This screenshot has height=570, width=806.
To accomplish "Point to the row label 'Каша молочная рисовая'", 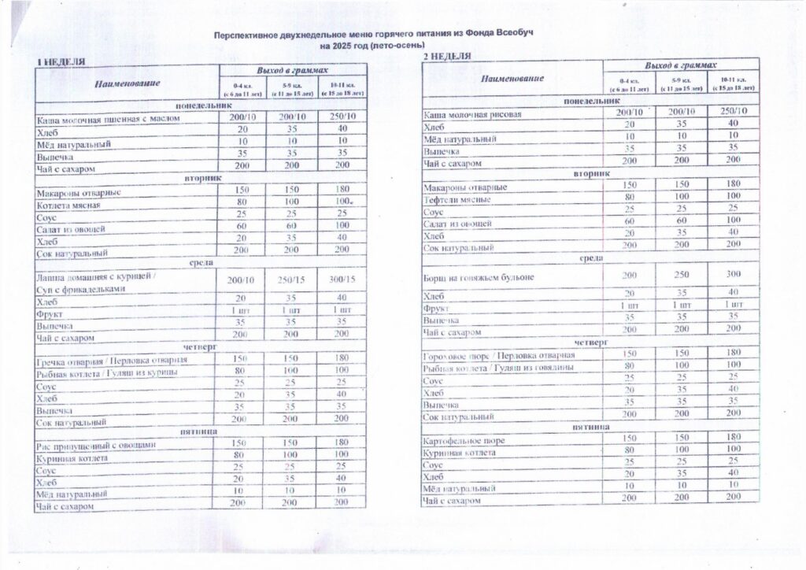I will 473,114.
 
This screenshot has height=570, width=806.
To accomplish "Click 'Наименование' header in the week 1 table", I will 128,83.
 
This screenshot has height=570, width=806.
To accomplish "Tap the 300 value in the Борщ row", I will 734,275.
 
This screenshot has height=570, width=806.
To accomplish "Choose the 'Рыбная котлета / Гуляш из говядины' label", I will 499,368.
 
